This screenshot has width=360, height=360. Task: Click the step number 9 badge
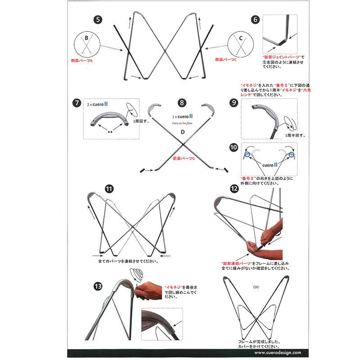233,103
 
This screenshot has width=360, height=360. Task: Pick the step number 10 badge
233,148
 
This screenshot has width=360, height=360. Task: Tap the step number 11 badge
108,189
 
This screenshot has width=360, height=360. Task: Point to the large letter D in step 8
182,132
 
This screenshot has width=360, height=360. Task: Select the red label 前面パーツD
184,158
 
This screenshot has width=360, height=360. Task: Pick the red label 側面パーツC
225,59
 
